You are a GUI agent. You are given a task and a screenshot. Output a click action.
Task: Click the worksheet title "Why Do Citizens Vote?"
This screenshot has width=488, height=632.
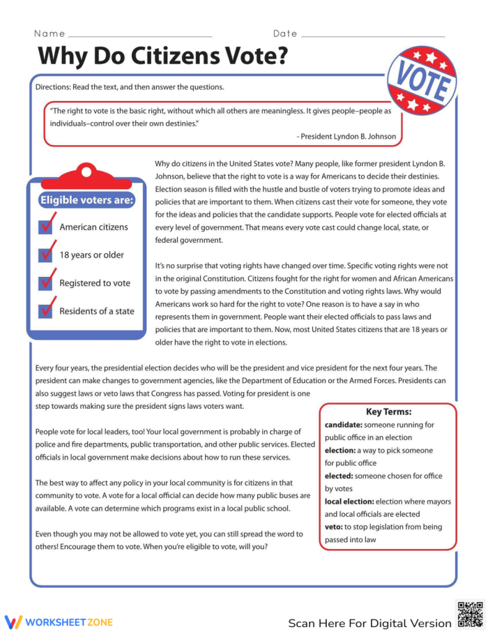pyautogui.click(x=162, y=55)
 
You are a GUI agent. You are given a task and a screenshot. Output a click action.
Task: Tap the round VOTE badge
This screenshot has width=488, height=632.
pyautogui.click(x=422, y=80)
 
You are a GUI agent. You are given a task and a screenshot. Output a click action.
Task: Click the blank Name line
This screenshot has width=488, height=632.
pyautogui.click(x=140, y=34)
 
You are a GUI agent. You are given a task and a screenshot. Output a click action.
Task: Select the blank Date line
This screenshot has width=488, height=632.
pyautogui.click(x=372, y=34)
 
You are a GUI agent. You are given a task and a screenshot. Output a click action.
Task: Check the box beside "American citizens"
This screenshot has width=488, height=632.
pyautogui.click(x=46, y=227)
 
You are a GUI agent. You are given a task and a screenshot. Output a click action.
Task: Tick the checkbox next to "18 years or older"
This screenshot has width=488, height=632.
pyautogui.click(x=46, y=255)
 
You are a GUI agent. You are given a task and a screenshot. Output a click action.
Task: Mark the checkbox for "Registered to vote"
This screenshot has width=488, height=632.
pyautogui.click(x=46, y=283)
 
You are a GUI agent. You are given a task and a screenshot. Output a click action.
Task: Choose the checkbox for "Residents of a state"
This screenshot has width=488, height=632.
pyautogui.click(x=46, y=311)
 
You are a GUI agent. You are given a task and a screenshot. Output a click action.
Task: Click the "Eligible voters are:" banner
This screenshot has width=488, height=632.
pyautogui.click(x=86, y=200)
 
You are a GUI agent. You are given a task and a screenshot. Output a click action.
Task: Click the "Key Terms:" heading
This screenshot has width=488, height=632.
pyautogui.click(x=388, y=412)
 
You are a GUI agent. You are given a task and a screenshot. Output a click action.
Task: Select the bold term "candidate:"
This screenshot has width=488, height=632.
pyautogui.click(x=343, y=425)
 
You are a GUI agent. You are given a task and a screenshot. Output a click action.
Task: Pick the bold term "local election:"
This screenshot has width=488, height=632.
pyautogui.click(x=349, y=502)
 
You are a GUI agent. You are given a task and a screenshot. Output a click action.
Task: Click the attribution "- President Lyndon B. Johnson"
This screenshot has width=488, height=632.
pyautogui.click(x=346, y=137)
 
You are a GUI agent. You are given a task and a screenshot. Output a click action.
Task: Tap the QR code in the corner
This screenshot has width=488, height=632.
pyautogui.click(x=469, y=615)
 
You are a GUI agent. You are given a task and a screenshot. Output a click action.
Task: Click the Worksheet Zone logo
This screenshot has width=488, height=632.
pyautogui.click(x=59, y=622)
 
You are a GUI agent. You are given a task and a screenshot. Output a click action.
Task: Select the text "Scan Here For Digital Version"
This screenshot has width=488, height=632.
pyautogui.click(x=369, y=623)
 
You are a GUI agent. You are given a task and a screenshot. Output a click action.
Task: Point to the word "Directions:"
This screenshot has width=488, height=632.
pyautogui.click(x=54, y=87)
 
